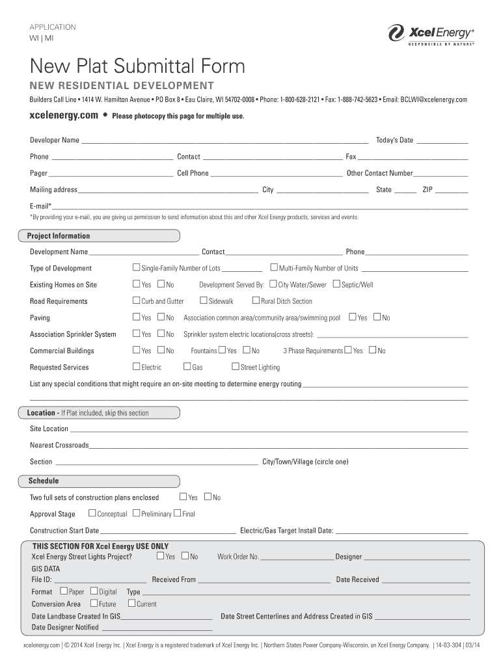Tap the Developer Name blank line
point(224,140)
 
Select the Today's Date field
point(442,140)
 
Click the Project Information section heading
point(59,236)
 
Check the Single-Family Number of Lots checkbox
point(137,268)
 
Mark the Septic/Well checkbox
point(336,284)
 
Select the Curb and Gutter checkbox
point(137,300)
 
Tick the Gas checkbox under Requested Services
point(187,367)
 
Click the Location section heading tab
point(88,413)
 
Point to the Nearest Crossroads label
point(59,446)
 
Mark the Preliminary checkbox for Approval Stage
point(136,514)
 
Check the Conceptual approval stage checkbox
point(92,514)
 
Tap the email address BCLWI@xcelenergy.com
point(434,100)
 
